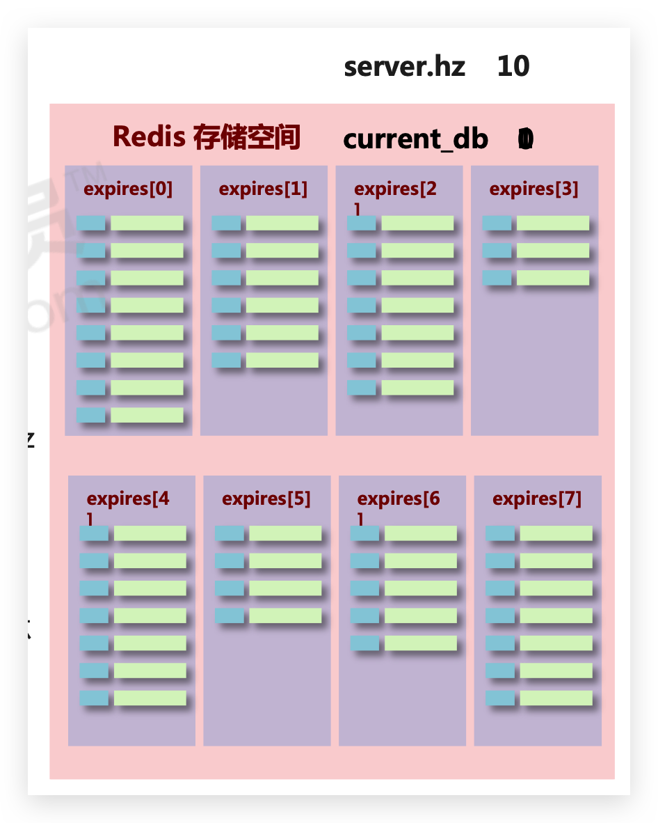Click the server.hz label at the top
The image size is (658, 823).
click(x=404, y=67)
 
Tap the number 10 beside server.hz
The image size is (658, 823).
click(x=513, y=67)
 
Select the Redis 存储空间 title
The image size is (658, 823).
click(x=206, y=136)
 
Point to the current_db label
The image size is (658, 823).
click(x=415, y=139)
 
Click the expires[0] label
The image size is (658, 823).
click(x=128, y=189)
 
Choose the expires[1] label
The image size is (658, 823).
click(x=263, y=189)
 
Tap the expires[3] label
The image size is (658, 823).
click(x=533, y=189)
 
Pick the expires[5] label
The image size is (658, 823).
click(x=266, y=499)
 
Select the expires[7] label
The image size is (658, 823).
click(x=537, y=499)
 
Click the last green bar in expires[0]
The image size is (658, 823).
click(x=147, y=415)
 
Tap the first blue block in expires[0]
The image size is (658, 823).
click(x=90, y=223)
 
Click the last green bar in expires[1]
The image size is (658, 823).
click(x=282, y=360)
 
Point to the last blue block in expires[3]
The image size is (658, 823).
click(x=497, y=278)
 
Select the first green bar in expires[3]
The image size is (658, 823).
click(x=553, y=223)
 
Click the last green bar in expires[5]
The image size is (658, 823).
click(x=285, y=616)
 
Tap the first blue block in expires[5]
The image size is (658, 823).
click(x=230, y=533)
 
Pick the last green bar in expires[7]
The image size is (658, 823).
click(x=556, y=698)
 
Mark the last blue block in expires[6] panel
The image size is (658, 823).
click(x=364, y=643)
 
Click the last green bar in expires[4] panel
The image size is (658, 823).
click(x=150, y=698)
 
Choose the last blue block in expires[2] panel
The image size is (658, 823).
click(x=362, y=388)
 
